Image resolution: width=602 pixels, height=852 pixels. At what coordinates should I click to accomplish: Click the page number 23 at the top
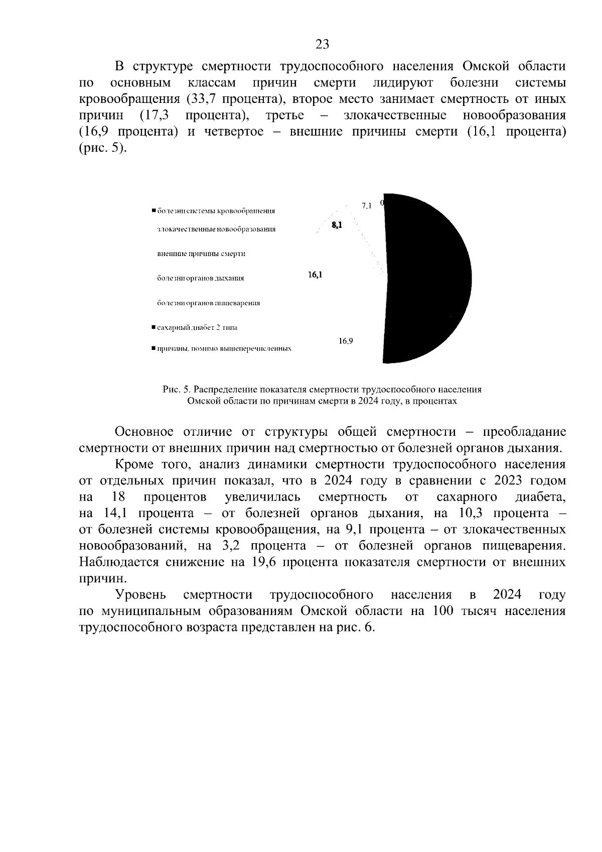(x=322, y=45)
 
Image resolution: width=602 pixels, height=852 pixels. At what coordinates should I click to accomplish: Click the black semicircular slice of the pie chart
(x=426, y=279)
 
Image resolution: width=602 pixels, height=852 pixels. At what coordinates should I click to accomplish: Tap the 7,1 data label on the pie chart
(x=366, y=206)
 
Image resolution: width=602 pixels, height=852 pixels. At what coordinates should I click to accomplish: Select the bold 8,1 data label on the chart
(x=336, y=226)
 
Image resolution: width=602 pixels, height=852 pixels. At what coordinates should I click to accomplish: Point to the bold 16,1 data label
(x=315, y=275)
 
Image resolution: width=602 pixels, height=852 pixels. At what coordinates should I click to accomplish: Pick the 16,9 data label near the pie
(x=346, y=341)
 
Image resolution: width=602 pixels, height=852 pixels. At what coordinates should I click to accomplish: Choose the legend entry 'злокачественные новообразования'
(x=216, y=229)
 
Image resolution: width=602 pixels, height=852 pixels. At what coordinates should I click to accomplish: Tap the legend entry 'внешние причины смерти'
(x=201, y=254)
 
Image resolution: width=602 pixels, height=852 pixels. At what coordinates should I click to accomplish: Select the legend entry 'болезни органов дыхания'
(x=200, y=278)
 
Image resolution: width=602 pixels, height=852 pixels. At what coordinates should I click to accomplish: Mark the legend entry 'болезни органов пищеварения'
(x=208, y=303)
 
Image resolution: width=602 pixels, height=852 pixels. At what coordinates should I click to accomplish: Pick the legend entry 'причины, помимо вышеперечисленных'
(x=224, y=348)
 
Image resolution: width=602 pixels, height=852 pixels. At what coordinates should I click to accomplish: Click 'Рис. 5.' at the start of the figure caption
(x=177, y=389)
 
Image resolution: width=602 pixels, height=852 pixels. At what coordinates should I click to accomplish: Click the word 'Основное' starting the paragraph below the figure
(x=144, y=432)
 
